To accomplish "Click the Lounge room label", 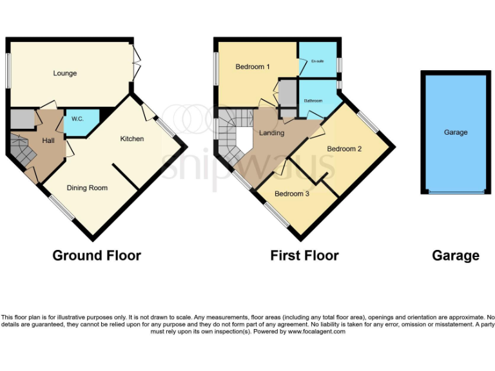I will tap(64, 73).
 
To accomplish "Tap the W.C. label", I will tap(77, 119).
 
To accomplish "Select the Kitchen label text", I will tap(131, 138).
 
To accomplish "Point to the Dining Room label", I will tap(87, 188).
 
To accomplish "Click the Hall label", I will tap(48, 140).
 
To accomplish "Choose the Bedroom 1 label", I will tap(252, 66).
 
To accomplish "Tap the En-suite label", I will tap(317, 61).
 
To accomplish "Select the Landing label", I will tap(271, 133).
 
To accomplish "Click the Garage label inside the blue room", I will tap(455, 132).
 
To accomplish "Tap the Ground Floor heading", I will tap(97, 256).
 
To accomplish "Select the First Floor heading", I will tap(304, 256).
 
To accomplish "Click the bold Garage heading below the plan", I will tap(455, 256).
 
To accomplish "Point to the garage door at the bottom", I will tap(455, 192).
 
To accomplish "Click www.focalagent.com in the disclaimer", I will tap(316, 332).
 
